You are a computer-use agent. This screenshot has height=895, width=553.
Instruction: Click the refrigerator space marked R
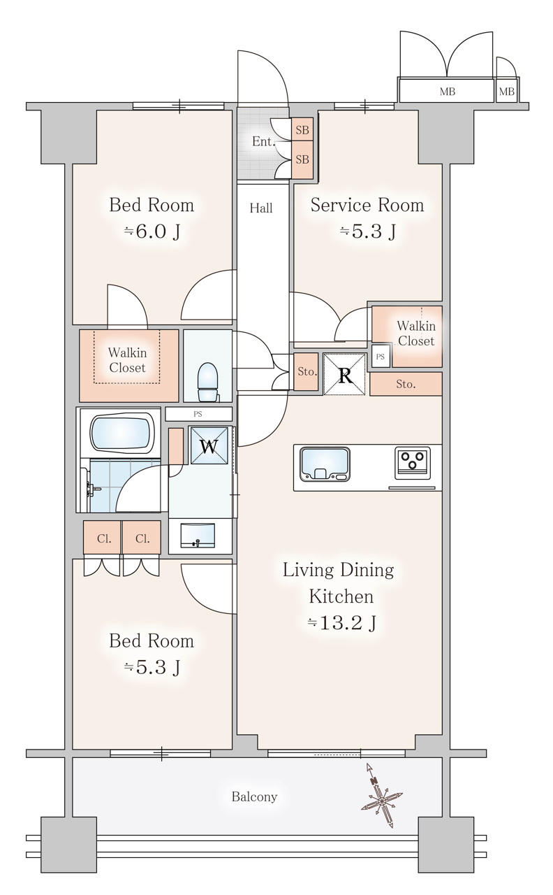[x=345, y=374]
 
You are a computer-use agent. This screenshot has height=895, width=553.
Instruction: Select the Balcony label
[x=254, y=796]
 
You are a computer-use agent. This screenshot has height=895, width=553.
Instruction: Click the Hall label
[x=261, y=208]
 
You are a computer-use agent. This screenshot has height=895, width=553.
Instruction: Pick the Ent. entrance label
[x=263, y=142]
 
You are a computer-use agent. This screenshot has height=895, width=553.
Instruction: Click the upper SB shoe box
[x=302, y=130]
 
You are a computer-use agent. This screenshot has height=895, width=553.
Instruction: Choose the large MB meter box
[x=445, y=92]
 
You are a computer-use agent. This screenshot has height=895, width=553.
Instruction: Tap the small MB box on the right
[x=506, y=92]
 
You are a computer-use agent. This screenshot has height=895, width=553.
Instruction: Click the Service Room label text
[x=367, y=206]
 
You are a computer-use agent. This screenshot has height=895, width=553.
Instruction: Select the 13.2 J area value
[x=342, y=622]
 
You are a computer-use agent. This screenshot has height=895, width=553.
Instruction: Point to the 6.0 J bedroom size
[x=152, y=232]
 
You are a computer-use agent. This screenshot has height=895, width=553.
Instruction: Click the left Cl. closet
[x=103, y=538]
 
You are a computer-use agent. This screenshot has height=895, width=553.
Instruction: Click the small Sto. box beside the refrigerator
[x=307, y=372]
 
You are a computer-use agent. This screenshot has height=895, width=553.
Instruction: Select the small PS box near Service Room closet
[x=380, y=356]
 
